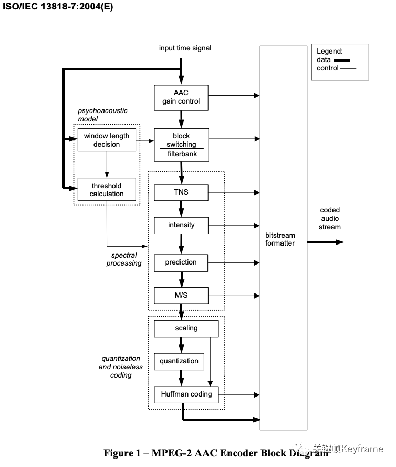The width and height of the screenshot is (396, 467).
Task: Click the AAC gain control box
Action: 181,97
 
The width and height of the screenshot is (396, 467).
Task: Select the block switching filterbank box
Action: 181,145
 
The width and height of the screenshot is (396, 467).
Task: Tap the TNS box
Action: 181,192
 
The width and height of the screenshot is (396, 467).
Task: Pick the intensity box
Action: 181,225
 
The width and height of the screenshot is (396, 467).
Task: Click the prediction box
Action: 181,262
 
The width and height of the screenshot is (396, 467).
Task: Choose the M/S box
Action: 181,295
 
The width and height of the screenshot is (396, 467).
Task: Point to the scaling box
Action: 186,328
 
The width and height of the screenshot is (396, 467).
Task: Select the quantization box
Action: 179,361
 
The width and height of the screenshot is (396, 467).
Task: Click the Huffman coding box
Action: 186,394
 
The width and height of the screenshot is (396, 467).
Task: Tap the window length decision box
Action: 107,140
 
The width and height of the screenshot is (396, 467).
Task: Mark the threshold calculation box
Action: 107,190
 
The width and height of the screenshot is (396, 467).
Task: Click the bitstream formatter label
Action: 280,239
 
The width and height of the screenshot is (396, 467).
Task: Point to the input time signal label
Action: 185,48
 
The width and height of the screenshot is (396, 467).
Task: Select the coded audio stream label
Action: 330,219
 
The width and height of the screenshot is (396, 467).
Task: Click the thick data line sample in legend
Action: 342,60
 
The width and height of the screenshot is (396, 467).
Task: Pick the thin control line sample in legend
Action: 349,69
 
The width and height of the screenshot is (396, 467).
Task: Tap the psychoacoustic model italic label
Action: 102,115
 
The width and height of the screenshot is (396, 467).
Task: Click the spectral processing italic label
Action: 124,259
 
